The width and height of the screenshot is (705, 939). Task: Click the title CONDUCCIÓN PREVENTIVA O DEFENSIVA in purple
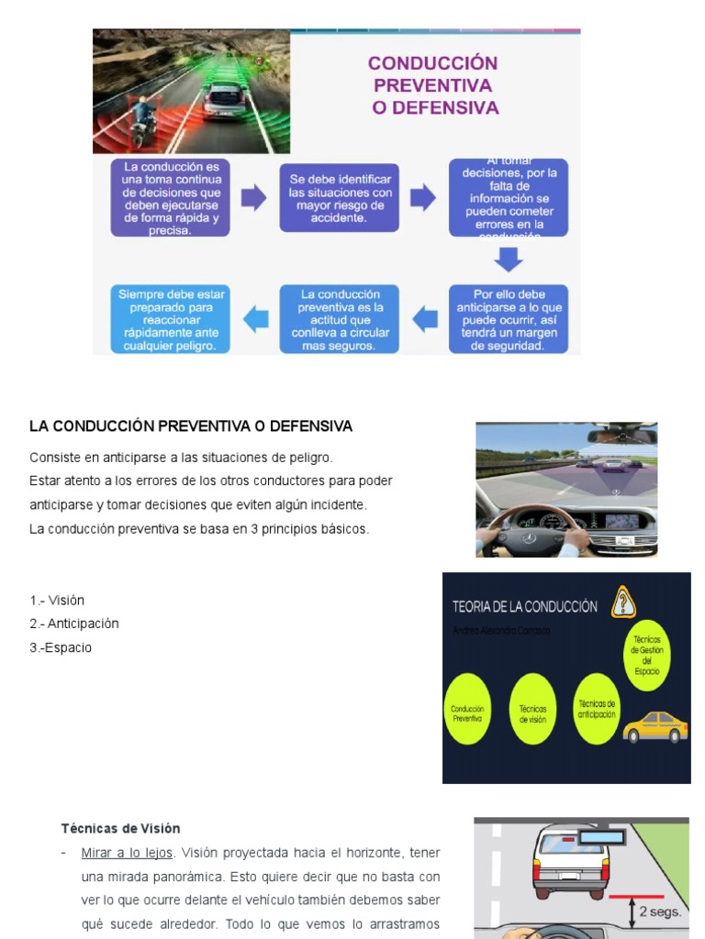pos(433,85)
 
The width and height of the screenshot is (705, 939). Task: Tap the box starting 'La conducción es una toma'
pos(171,198)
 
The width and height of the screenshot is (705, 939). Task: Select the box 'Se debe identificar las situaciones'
pos(340,198)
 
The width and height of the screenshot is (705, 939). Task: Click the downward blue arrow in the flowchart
pos(508,260)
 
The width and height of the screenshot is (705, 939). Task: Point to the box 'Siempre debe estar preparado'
pos(171,319)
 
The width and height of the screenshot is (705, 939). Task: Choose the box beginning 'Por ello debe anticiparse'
pos(508,319)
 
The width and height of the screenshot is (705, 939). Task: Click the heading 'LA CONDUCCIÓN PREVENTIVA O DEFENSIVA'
pos(191,426)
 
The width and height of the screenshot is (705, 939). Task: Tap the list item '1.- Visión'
pos(57,600)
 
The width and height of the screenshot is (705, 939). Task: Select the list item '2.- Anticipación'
pos(74,624)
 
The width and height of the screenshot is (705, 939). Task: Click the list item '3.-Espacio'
pos(61,647)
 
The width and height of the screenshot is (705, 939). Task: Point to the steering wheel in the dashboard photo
pos(533,533)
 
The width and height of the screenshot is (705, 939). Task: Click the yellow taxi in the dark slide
pos(655,726)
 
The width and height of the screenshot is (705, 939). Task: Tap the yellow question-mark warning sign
pos(624,602)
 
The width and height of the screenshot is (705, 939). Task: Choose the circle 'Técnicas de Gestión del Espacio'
pos(646,654)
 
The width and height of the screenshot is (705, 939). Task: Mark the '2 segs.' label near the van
pos(659,912)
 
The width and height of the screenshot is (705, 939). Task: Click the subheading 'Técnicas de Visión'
pos(120,828)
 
